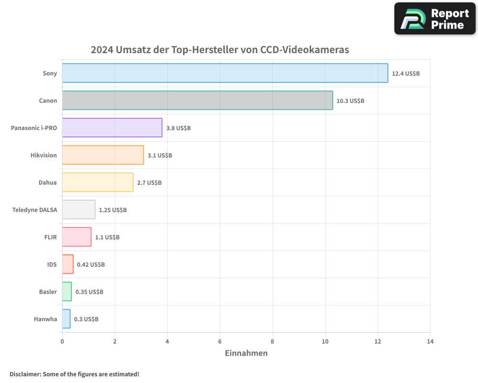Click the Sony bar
[x=225, y=73]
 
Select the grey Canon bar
[x=197, y=100]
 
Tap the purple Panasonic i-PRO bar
[x=112, y=128]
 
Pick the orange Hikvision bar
[x=103, y=155]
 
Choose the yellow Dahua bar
[x=98, y=182]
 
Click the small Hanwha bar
[x=66, y=319]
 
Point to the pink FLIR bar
[x=76, y=237]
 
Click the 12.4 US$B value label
[x=405, y=73]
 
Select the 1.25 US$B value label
[x=113, y=210]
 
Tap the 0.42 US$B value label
[x=91, y=264]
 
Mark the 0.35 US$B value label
[x=89, y=292]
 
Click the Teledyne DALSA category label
[x=34, y=210]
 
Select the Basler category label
[x=48, y=292]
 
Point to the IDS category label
[x=52, y=264]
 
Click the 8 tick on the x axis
[x=272, y=341]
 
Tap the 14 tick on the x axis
[x=430, y=341]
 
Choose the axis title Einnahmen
[x=246, y=353]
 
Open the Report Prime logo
[x=435, y=19]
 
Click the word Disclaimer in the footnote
[x=25, y=374]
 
